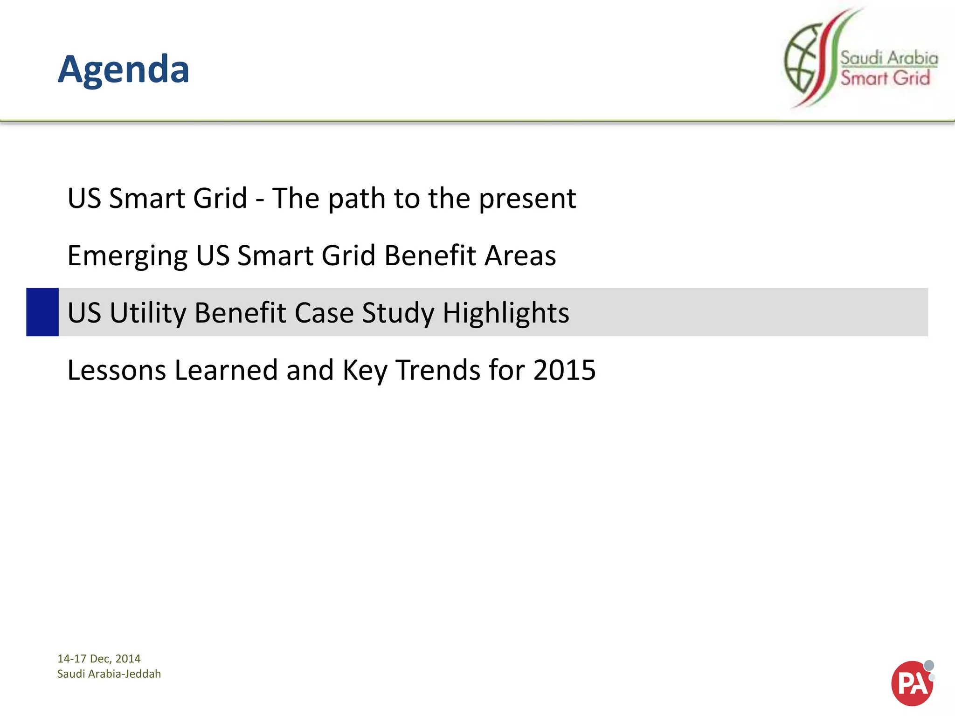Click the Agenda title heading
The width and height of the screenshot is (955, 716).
tap(124, 69)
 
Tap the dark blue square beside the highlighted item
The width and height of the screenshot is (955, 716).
tap(42, 312)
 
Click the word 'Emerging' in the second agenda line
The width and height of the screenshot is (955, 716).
tap(127, 255)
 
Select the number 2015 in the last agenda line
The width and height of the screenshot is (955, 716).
tap(564, 370)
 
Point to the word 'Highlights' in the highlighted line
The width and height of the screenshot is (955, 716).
tap(506, 312)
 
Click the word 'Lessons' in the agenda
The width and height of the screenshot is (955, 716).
tap(117, 370)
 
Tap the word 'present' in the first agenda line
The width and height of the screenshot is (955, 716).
tap(527, 199)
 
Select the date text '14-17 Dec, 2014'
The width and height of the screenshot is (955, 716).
tap(99, 658)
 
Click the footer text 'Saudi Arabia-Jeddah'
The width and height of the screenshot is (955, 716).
tap(109, 674)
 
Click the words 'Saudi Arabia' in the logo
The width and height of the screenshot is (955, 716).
tap(889, 58)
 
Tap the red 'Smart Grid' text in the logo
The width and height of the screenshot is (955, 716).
tap(885, 78)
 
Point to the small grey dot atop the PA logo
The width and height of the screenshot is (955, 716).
tap(929, 665)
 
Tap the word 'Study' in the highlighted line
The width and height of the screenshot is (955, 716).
tap(398, 312)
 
